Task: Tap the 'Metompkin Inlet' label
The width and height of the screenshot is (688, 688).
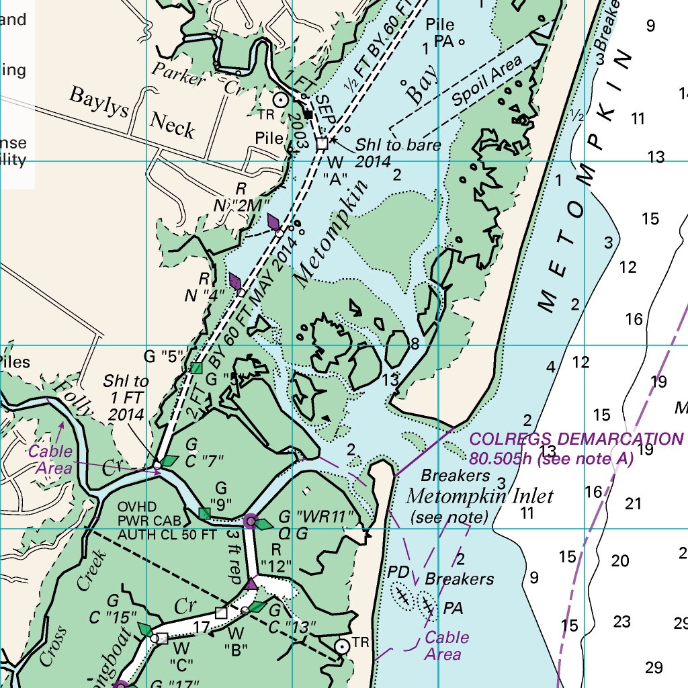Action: [480, 497]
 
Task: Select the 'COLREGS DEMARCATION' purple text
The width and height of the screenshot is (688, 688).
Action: [575, 439]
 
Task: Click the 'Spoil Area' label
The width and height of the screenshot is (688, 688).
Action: [486, 82]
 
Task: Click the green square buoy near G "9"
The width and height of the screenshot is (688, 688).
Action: [205, 513]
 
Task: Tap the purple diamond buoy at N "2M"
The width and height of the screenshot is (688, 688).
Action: [273, 222]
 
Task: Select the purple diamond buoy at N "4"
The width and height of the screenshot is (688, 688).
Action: [235, 282]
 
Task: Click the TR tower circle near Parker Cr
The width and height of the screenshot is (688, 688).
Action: [282, 99]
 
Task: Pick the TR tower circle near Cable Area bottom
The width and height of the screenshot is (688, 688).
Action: [343, 646]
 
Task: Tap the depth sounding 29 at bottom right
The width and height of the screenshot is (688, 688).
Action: [654, 667]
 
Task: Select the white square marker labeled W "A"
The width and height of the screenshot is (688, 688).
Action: [322, 143]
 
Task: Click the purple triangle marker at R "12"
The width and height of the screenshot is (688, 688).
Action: [252, 583]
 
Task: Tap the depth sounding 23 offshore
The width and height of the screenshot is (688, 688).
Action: [622, 621]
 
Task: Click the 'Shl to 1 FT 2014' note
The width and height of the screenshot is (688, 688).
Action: [126, 397]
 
